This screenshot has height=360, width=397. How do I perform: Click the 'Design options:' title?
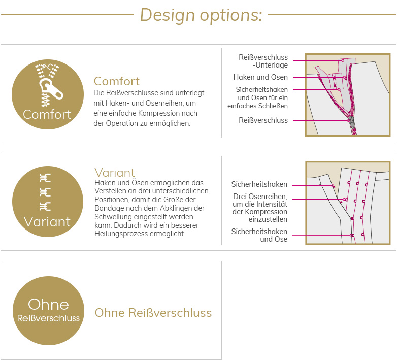pos(201,15)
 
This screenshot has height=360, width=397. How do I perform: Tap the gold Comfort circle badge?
pos(48,94)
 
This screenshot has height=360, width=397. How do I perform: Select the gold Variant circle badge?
pos(48,202)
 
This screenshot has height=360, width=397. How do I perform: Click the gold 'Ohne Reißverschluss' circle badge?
pos(48,311)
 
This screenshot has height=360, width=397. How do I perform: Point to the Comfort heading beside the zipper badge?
pos(116,81)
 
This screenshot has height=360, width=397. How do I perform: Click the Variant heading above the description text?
pos(115,173)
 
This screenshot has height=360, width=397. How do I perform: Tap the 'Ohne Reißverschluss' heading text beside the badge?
pos(153,313)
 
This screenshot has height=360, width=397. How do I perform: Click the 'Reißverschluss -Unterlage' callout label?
pos(263,61)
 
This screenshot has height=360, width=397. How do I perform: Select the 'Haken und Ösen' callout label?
pos(260,77)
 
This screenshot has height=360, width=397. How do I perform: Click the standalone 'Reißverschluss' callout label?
pos(263,120)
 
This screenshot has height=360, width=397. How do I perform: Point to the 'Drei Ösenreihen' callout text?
pos(260,197)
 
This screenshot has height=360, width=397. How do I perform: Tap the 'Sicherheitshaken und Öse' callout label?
pos(259,235)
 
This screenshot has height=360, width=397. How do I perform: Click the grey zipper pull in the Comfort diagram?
pos(352,122)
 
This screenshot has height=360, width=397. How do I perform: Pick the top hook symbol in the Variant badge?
pos(45,178)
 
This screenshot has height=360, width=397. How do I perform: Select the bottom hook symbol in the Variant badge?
pos(45,207)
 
